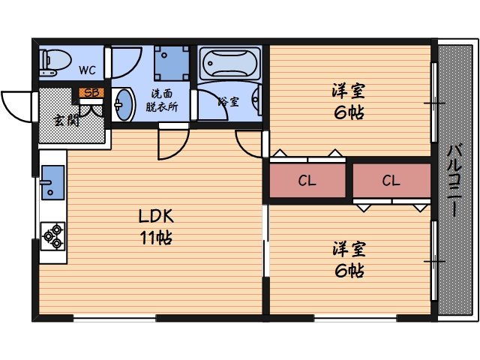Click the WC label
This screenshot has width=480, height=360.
[x=87, y=70]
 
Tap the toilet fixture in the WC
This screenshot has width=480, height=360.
[x=55, y=62]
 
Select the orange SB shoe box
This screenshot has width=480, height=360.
[x=91, y=93]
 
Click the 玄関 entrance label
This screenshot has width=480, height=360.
[x=66, y=121]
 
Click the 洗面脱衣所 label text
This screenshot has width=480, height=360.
[x=161, y=100]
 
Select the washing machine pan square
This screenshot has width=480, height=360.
[x=172, y=63]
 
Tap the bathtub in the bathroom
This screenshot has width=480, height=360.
[x=229, y=63]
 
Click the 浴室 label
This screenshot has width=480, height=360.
[x=228, y=101]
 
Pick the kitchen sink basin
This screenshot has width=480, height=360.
[x=53, y=182]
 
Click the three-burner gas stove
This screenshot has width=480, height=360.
[x=53, y=236]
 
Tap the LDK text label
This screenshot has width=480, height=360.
[x=156, y=216]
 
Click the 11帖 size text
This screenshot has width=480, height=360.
[x=156, y=238]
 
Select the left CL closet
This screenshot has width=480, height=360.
[x=307, y=181]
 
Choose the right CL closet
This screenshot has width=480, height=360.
[x=391, y=181]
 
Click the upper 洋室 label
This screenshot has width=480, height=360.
[x=348, y=91]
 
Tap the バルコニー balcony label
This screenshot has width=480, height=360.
[x=454, y=181]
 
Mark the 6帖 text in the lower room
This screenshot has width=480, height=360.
[x=349, y=270]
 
